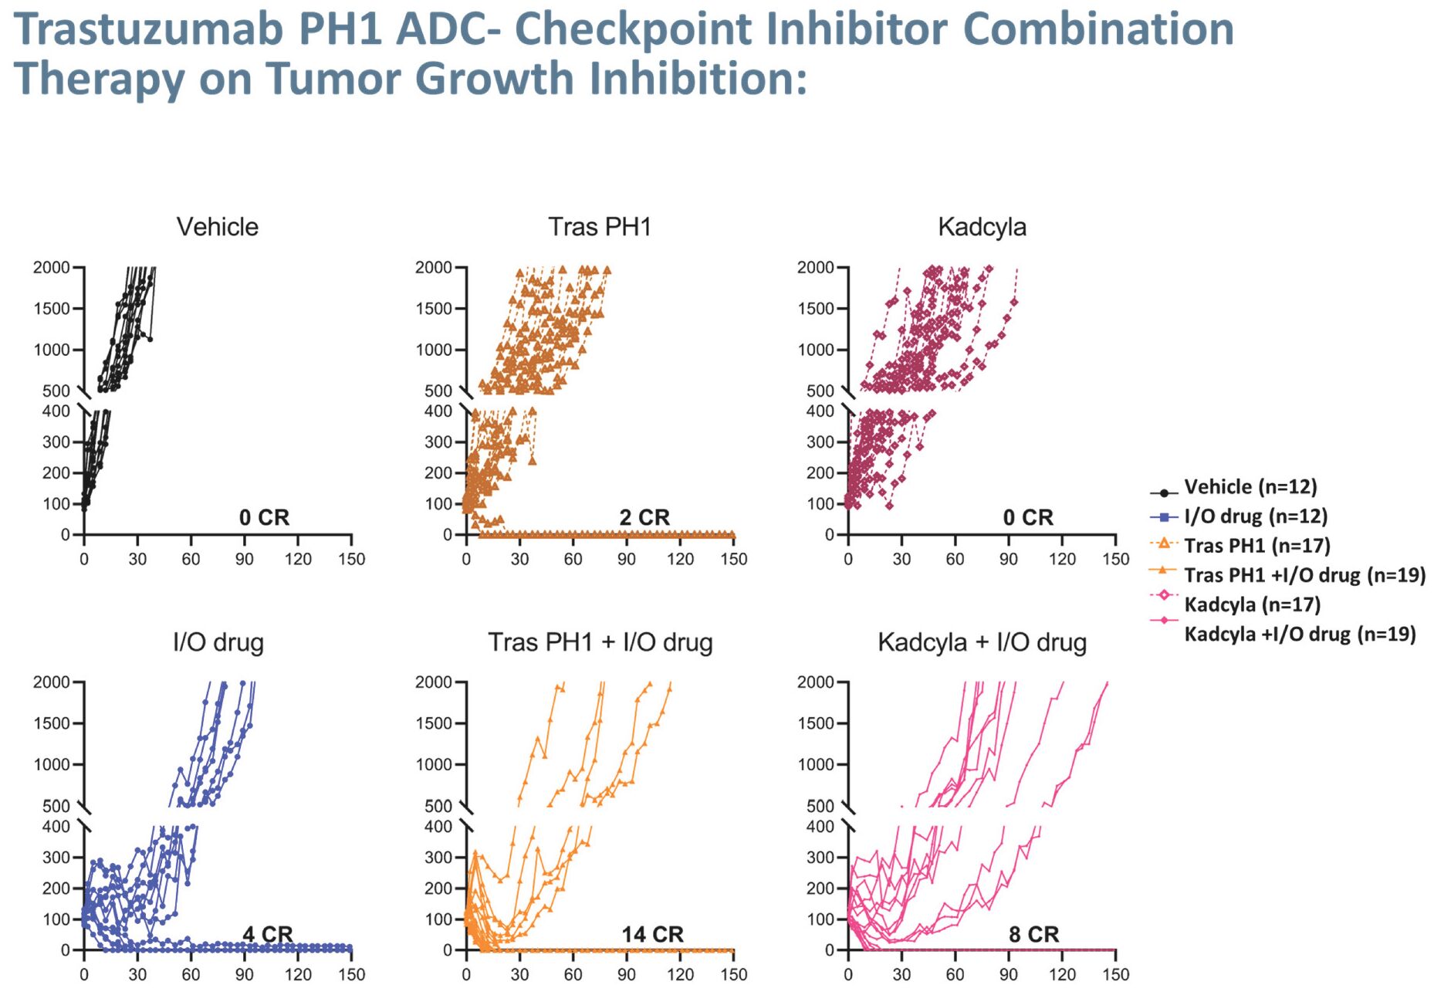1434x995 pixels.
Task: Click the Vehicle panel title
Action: coord(217,227)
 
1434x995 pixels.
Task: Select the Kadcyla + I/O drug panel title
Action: coord(982,642)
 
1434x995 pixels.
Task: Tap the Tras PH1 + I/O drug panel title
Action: coord(600,642)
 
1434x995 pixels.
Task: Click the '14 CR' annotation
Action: coord(652,934)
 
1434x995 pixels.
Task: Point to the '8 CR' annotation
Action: coord(1033,934)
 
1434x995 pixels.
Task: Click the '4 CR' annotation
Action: coord(267,934)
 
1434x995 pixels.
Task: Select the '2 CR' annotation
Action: coord(644,517)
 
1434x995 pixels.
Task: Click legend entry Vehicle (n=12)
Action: coord(1250,487)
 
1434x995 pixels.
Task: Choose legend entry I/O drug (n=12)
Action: coord(1256,516)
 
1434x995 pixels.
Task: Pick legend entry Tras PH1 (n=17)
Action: coord(1257,546)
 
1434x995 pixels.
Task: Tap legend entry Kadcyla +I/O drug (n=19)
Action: coord(1300,634)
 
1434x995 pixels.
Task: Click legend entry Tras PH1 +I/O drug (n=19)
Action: coord(1304,575)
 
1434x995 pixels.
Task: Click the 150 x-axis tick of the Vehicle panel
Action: coord(351,559)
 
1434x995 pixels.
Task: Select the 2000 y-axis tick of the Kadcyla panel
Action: coord(815,268)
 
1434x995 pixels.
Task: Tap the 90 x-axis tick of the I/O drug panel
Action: coord(244,974)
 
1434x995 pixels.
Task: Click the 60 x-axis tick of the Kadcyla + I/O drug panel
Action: coord(955,974)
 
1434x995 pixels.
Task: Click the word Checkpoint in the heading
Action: coord(633,29)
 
